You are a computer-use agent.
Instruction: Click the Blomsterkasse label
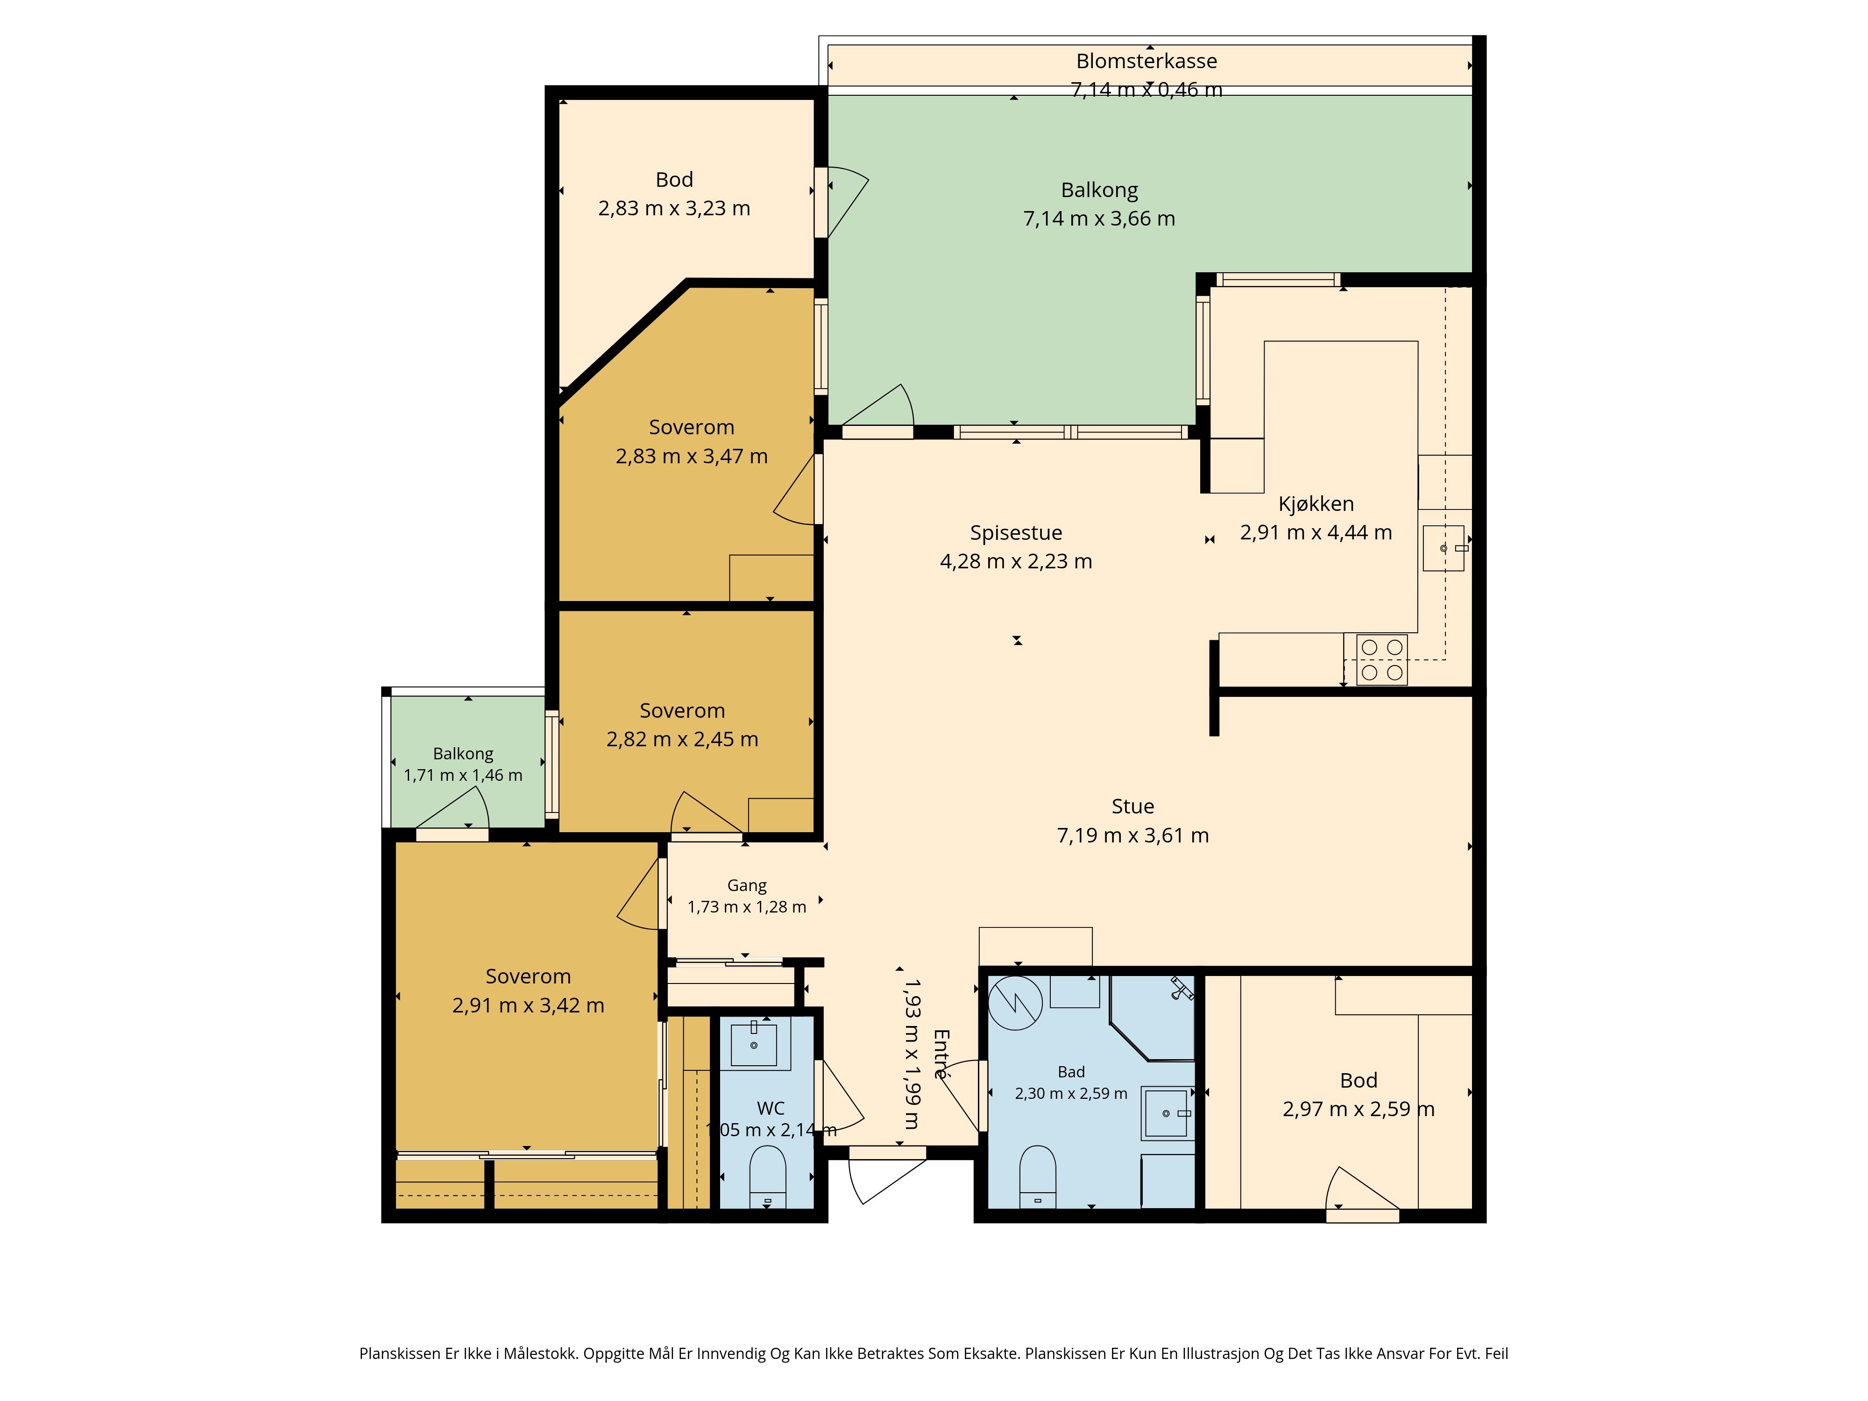[1146, 61]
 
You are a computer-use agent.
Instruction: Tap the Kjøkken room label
[1316, 504]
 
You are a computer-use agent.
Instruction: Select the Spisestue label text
[1016, 533]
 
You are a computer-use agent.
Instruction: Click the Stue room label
[1132, 807]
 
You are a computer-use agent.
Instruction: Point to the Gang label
[747, 886]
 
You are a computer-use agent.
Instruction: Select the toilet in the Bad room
[1038, 1176]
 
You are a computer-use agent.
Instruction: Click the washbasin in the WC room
[753, 1045]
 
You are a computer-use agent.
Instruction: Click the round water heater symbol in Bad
[1015, 1003]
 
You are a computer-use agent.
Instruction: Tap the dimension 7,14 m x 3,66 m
[1099, 219]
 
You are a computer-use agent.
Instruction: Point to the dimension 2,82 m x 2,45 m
[682, 740]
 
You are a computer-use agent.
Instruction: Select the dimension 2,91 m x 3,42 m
[528, 1006]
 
